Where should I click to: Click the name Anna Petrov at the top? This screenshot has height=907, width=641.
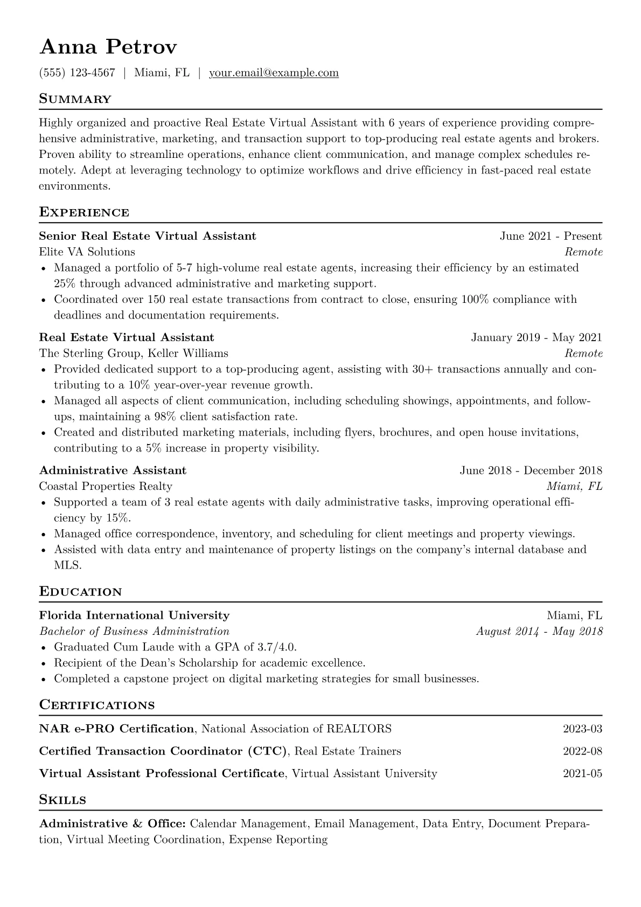click(108, 47)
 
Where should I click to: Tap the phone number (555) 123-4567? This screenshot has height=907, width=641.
click(77, 73)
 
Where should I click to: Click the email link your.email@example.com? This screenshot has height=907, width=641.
click(274, 73)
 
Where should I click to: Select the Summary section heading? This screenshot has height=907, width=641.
click(75, 99)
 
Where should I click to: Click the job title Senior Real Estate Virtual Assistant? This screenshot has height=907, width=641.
click(148, 236)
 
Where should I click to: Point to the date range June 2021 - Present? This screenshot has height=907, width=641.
click(551, 236)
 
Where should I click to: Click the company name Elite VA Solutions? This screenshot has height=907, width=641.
click(87, 252)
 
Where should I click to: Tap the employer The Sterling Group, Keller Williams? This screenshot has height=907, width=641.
click(134, 354)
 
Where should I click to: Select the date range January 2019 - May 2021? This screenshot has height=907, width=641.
click(536, 338)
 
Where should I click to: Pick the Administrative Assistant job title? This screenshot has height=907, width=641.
click(113, 470)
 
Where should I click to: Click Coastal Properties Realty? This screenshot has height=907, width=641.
click(106, 486)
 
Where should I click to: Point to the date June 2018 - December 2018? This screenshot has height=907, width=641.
click(531, 470)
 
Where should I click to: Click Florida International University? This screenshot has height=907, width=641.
click(134, 615)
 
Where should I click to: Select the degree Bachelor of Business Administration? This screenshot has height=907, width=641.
click(134, 631)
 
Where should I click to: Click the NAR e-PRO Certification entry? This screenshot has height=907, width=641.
click(116, 729)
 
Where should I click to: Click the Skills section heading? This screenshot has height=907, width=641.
click(62, 800)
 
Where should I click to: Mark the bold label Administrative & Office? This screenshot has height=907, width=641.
click(113, 824)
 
